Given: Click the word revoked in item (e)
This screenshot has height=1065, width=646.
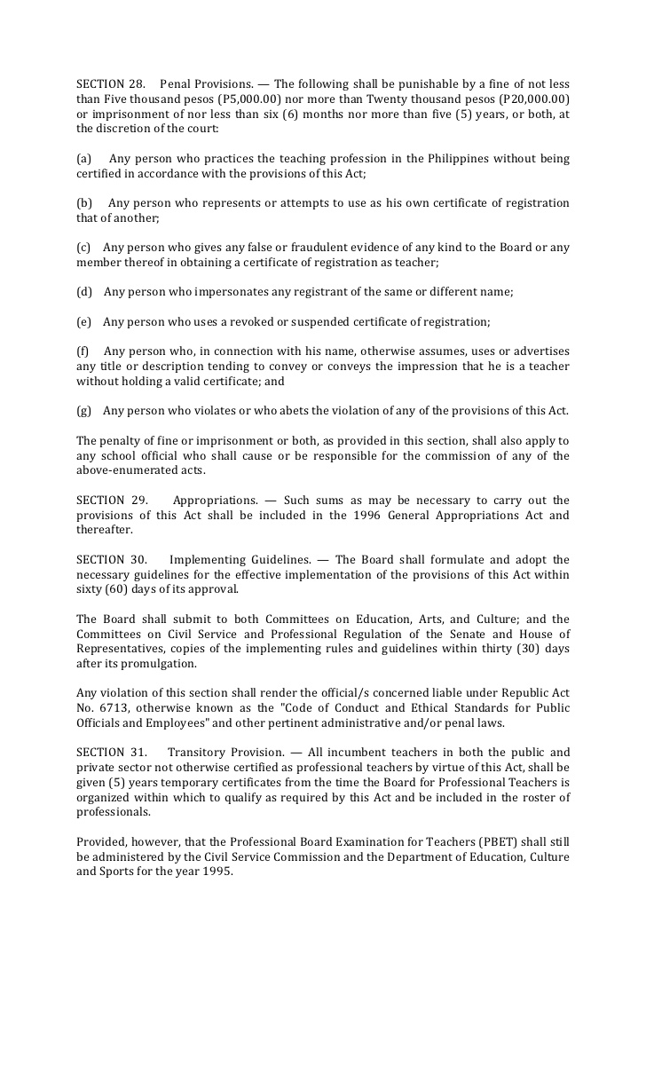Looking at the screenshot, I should click(x=253, y=321).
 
